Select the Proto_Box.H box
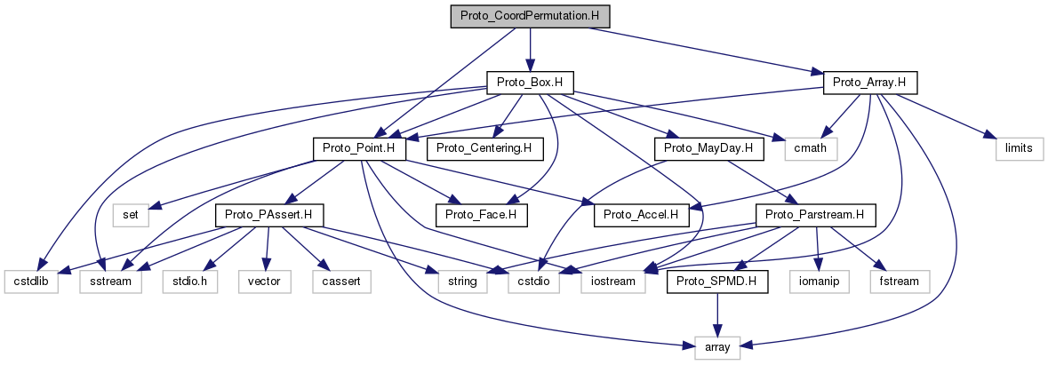tap(530, 83)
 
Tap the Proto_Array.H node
tap(870, 83)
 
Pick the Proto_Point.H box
tap(359, 148)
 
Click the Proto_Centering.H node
tap(484, 148)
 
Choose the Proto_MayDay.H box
tap(709, 148)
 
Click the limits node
tap(1012, 148)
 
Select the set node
tap(129, 214)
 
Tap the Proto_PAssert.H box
tap(269, 214)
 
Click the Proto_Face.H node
tap(481, 214)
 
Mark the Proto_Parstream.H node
tap(815, 214)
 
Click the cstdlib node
tap(31, 281)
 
